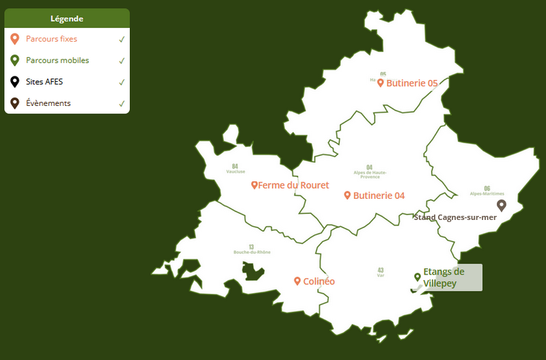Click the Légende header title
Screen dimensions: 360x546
(67, 18)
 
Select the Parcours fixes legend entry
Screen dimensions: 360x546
(51, 39)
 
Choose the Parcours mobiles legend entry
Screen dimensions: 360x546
(57, 60)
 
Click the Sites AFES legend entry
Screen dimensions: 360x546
(44, 82)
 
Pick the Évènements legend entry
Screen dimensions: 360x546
(48, 103)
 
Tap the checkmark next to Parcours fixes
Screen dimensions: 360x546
(122, 40)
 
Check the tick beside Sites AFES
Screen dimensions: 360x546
(122, 82)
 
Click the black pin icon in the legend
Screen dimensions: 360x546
(15, 82)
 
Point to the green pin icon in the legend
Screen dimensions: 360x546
(15, 60)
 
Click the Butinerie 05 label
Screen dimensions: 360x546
(411, 83)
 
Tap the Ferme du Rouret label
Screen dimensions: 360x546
(293, 185)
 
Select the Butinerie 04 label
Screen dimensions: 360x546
(379, 195)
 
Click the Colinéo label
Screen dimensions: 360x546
(318, 281)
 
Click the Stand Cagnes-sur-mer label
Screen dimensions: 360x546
(455, 218)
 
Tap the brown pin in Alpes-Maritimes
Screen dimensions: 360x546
(501, 204)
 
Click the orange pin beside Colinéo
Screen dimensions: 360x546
(298, 281)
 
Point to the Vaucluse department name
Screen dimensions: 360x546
(235, 171)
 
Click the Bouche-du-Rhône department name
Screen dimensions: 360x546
(251, 252)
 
